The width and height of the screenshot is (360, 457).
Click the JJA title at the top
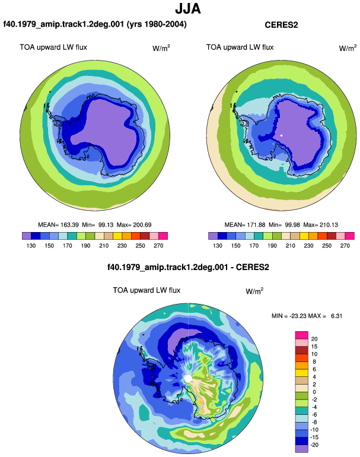[x=188, y=9]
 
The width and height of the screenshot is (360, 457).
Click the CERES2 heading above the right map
[x=281, y=25]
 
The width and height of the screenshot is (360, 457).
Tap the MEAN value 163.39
[x=69, y=225]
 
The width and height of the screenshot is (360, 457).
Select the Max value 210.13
[x=329, y=225]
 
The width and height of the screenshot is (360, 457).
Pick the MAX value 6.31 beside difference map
[x=336, y=316]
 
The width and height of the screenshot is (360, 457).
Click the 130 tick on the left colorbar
[x=31, y=246]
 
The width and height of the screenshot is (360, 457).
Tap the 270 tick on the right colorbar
[x=345, y=246]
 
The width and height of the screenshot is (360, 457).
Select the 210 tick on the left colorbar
[x=104, y=246]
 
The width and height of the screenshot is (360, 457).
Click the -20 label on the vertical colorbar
[x=314, y=445]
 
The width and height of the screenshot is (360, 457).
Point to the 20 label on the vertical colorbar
[x=314, y=339]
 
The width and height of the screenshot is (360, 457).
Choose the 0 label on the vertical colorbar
[x=314, y=392]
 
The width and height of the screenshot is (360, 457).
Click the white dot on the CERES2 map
[x=281, y=135]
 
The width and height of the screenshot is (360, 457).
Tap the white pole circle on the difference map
[x=188, y=379]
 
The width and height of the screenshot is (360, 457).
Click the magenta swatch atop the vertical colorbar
[x=302, y=335]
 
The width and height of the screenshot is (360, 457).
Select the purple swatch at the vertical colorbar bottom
[x=302, y=449]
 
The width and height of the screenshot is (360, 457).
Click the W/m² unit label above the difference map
[x=254, y=291]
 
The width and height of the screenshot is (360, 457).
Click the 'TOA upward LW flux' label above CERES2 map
[x=240, y=47]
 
